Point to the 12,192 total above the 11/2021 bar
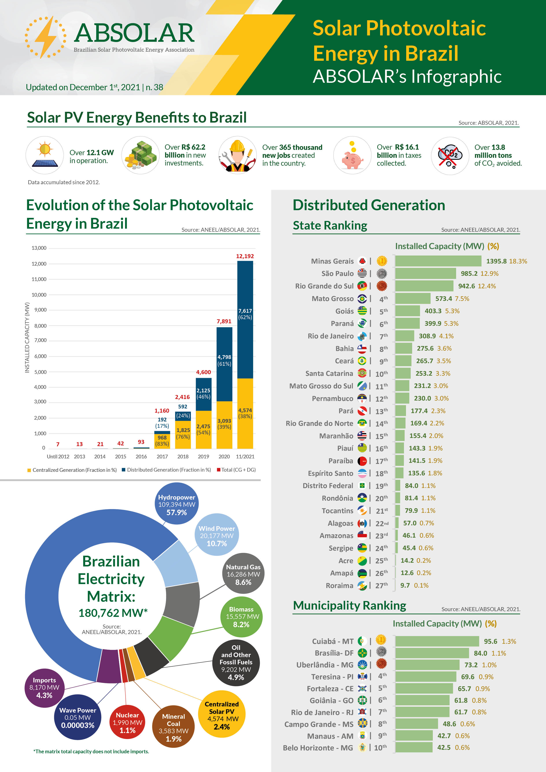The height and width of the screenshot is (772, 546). [245, 256]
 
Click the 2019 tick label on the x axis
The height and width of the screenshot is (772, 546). [203, 457]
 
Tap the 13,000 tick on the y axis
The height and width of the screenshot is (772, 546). [39, 248]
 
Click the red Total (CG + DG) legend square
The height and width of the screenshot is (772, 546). [219, 470]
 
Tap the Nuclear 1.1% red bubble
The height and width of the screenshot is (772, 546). [127, 722]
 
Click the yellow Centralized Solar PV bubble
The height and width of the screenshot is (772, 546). [222, 715]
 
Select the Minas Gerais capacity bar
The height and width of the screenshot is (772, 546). [438, 261]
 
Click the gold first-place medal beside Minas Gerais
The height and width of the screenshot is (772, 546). [382, 261]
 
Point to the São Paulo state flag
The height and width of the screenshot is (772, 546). [362, 273]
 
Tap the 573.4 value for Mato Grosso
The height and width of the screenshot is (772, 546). [443, 299]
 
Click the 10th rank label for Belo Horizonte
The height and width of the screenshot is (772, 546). [380, 747]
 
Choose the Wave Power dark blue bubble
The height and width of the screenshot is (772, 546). [78, 717]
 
